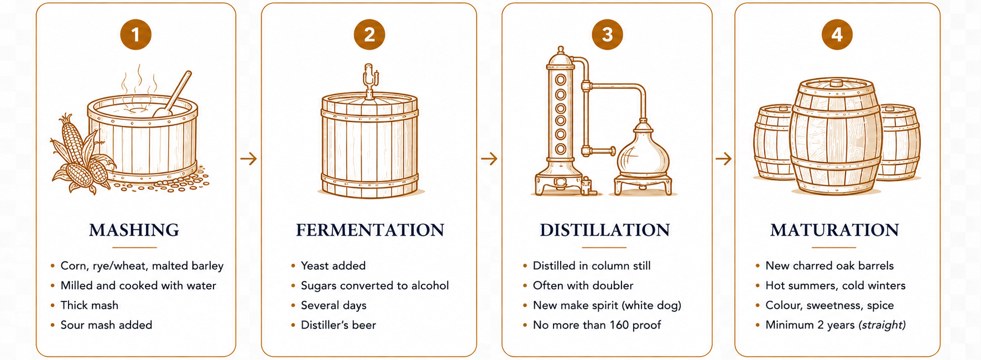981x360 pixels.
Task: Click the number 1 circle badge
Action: [x=135, y=35]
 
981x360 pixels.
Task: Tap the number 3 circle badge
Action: [x=607, y=35]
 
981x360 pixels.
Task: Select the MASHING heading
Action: [x=134, y=230]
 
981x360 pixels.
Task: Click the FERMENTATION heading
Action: [x=370, y=230]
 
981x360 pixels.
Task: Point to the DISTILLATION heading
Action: [x=605, y=230]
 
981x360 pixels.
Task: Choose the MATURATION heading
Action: [x=834, y=230]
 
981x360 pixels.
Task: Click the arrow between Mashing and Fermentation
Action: [x=249, y=159]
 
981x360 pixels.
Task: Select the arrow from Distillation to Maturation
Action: [x=723, y=159]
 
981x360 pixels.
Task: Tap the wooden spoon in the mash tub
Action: [x=173, y=94]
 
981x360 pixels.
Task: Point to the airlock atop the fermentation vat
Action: [x=369, y=80]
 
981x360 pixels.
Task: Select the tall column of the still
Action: [x=560, y=122]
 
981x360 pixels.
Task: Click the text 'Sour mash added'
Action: [x=106, y=325]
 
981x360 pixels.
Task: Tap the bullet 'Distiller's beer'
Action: [x=338, y=325]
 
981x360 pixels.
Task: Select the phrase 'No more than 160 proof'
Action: [x=597, y=325]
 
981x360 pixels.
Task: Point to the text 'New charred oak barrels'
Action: [x=829, y=266]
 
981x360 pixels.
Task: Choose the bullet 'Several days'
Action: [x=333, y=305]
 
